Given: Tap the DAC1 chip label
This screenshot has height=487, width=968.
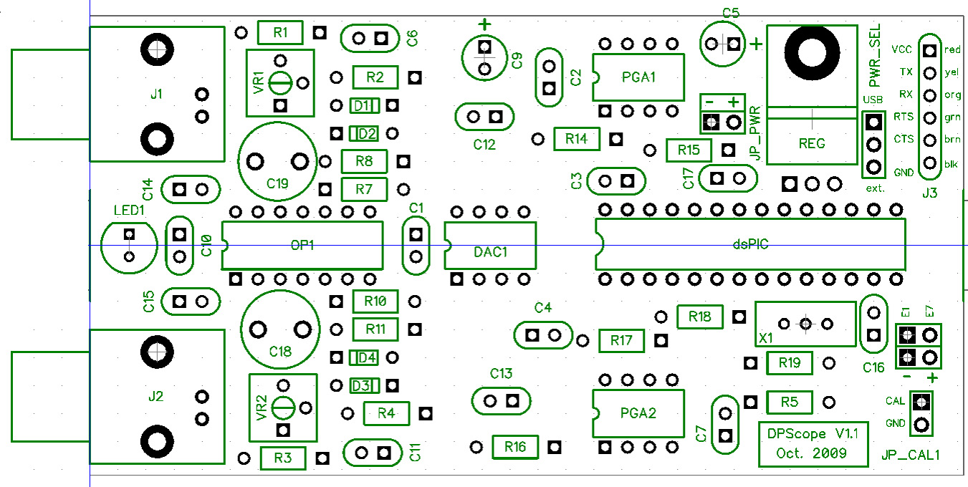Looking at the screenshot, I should pyautogui.click(x=491, y=252).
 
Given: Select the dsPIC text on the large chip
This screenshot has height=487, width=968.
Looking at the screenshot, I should pyautogui.click(x=750, y=244).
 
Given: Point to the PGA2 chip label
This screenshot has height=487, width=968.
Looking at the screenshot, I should pyautogui.click(x=638, y=413).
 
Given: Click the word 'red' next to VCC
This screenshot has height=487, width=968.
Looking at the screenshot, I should pyautogui.click(x=952, y=50).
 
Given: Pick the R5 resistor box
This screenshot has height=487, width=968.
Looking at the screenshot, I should pyautogui.click(x=790, y=402).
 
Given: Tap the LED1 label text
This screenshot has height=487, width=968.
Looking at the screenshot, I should pyautogui.click(x=129, y=210).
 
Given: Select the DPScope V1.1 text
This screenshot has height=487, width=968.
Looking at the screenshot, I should pyautogui.click(x=811, y=434).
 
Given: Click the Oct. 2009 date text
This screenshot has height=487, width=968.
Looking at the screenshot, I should pyautogui.click(x=811, y=453).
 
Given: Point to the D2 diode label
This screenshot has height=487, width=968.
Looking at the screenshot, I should pyautogui.click(x=366, y=133).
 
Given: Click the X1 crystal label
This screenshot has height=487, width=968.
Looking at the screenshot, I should pyautogui.click(x=766, y=336).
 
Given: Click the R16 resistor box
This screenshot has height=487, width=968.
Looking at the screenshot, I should pyautogui.click(x=514, y=448).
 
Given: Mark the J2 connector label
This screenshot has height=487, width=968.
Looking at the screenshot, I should pyautogui.click(x=155, y=395).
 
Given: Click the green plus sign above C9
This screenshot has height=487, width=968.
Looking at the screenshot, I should pyautogui.click(x=485, y=25).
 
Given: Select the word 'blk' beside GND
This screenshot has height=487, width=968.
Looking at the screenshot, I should pyautogui.click(x=952, y=164).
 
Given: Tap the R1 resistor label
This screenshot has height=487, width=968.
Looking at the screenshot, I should pyautogui.click(x=280, y=32).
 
